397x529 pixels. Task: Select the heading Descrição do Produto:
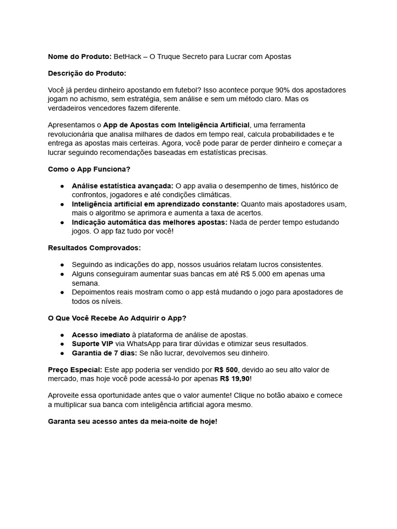[87, 73]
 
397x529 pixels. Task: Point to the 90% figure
[277, 90]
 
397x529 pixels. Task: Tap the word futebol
[182, 90]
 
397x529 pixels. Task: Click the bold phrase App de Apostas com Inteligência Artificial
[176, 125]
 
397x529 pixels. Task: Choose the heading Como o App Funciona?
[89, 169]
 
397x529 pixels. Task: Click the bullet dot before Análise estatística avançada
[62, 186]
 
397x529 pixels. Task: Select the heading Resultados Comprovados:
[94, 248]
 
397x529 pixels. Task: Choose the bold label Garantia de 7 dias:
[104, 353]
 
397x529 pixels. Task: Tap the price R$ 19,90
[234, 379]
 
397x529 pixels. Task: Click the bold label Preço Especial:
[75, 370]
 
